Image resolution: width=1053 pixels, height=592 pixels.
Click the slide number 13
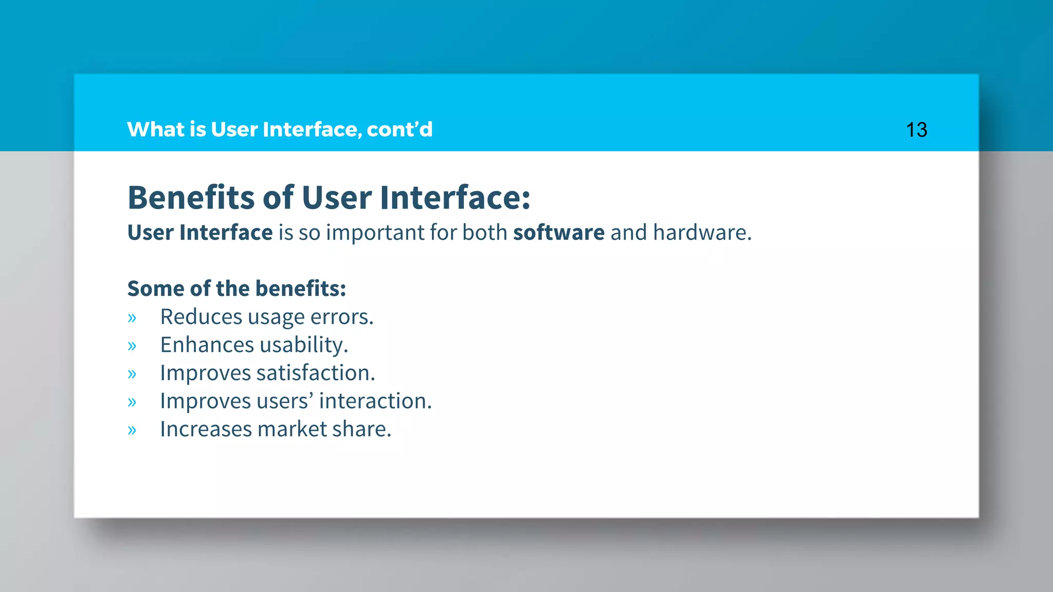pos(916,130)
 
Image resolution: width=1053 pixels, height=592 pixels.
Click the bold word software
pos(559,233)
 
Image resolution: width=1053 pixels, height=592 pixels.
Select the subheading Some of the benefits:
pos(237,289)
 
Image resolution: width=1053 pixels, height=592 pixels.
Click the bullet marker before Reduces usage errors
pos(132,318)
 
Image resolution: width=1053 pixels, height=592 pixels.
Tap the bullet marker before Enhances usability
pos(132,346)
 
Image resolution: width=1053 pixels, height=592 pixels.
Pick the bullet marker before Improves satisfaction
pos(132,374)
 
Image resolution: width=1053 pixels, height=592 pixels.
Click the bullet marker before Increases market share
pos(132,430)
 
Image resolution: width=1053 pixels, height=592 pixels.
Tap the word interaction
pos(375,401)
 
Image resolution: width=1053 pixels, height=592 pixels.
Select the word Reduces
pos(201,317)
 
